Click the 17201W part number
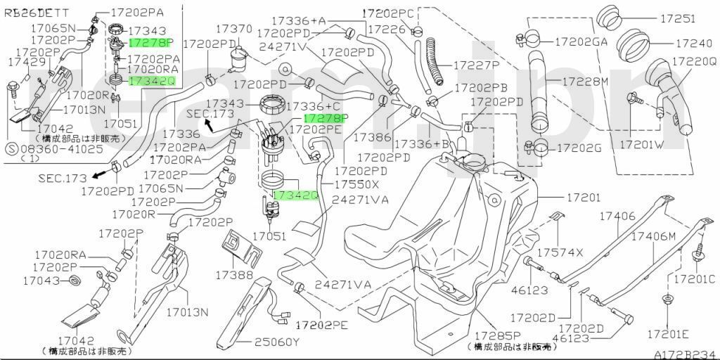pos(641,145)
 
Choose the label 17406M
pos(652,237)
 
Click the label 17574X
pos(560,252)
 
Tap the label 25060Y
pos(277,342)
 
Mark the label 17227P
pos(476,65)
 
